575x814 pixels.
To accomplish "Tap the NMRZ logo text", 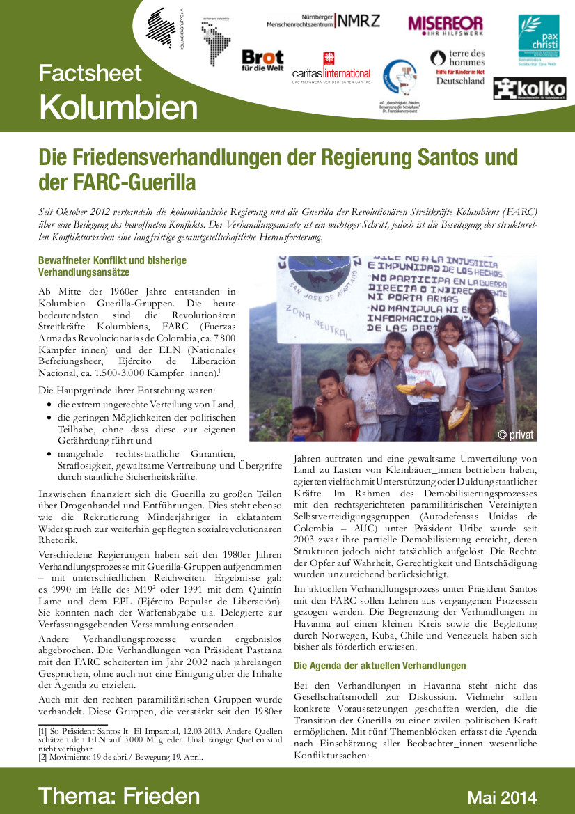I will click(x=358, y=20).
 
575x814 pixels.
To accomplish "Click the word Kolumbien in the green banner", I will click(x=118, y=107).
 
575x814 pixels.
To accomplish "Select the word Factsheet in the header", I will click(x=90, y=72).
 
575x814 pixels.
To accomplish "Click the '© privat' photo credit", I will click(x=516, y=435).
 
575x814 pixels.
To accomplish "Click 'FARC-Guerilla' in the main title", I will click(x=117, y=182).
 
